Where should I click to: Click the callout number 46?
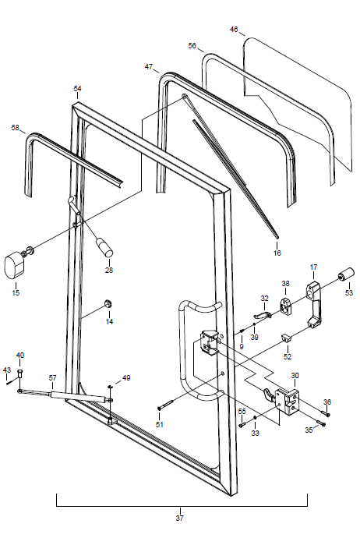point(234,29)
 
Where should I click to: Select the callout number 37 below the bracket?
point(179,518)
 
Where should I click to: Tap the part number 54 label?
point(77,89)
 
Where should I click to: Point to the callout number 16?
point(277,253)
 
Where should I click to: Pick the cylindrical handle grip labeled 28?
point(104,247)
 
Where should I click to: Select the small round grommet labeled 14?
point(108,303)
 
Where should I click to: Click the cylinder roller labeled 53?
point(346,274)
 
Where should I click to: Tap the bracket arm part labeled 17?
point(313,304)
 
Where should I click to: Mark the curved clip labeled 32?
point(263,314)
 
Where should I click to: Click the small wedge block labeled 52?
point(285,337)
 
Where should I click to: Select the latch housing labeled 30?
point(287,402)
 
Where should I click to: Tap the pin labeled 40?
point(19,375)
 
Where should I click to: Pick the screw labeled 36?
point(326,413)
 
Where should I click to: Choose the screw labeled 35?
point(321,423)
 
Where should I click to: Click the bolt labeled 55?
point(242,424)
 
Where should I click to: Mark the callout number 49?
point(126,378)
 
